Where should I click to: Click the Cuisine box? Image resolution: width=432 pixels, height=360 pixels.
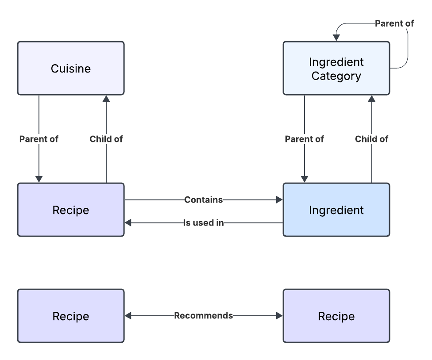tap(71, 69)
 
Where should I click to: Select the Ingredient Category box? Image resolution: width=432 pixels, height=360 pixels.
tap(336, 69)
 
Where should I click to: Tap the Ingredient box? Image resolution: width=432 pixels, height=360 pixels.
tap(336, 210)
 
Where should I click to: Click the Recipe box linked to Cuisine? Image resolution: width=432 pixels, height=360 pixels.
tap(71, 210)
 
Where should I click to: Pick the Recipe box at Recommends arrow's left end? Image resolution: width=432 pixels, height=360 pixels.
tap(71, 316)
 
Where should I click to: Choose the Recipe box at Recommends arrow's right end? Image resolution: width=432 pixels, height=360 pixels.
tap(336, 316)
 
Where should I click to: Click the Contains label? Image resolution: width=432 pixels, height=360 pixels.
tap(203, 200)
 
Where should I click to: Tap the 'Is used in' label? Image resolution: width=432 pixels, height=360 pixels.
tap(203, 223)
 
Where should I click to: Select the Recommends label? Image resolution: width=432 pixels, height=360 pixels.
tap(203, 316)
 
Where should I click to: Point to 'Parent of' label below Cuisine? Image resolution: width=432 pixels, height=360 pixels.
tap(39, 139)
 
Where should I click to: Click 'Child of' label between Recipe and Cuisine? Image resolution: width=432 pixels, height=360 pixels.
tap(106, 139)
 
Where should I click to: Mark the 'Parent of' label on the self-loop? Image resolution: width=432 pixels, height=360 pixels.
tap(394, 23)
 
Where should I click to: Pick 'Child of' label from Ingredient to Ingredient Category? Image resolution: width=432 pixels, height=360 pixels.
tap(372, 139)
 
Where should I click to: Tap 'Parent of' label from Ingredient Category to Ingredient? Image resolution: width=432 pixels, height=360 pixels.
tap(305, 139)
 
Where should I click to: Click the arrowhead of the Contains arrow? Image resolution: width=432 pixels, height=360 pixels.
tap(279, 200)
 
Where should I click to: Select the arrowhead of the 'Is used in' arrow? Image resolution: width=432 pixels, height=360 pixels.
tap(128, 223)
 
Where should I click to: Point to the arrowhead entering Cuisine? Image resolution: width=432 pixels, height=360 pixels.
tap(106, 99)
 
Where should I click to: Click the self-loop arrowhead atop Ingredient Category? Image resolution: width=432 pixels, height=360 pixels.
tap(336, 38)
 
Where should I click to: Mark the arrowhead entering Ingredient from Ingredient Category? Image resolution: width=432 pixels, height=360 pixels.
tap(305, 179)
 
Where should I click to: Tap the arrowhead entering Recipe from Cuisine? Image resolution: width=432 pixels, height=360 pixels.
tap(39, 179)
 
